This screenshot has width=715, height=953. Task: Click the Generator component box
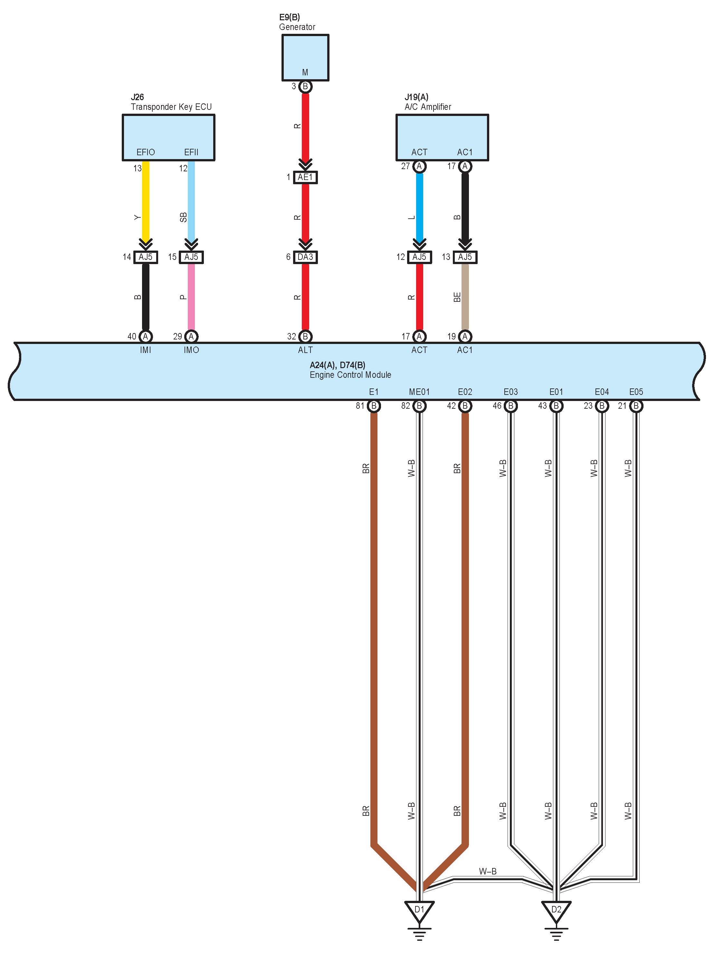click(305, 57)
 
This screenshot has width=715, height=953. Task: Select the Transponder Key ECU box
click(168, 138)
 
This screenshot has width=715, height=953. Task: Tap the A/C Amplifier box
click(442, 138)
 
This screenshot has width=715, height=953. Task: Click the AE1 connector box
click(305, 177)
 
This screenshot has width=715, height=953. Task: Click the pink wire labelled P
click(191, 297)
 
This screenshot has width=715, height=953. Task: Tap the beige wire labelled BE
click(465, 297)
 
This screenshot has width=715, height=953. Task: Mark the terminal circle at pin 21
click(636, 406)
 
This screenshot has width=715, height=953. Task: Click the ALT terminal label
click(305, 350)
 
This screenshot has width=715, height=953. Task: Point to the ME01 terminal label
click(419, 392)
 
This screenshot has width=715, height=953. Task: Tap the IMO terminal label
click(191, 350)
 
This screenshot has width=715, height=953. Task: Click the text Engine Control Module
click(350, 375)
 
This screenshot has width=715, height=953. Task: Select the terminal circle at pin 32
click(305, 337)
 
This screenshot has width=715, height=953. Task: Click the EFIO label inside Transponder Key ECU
click(146, 152)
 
